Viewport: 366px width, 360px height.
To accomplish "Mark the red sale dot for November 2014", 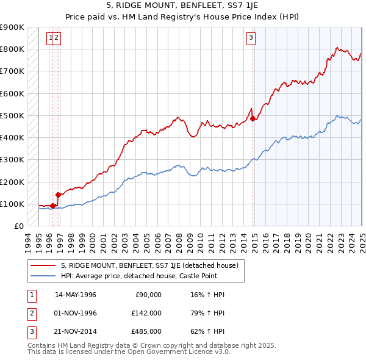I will pyautogui.click(x=253, y=119).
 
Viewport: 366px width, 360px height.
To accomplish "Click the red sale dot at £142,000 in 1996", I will pyautogui.click(x=58, y=195).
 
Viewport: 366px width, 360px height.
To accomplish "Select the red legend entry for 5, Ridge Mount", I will pyautogui.click(x=152, y=265).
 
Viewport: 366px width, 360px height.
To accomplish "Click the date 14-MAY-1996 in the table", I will pyautogui.click(x=76, y=295).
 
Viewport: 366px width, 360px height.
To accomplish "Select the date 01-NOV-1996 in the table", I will pyautogui.click(x=76, y=313).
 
